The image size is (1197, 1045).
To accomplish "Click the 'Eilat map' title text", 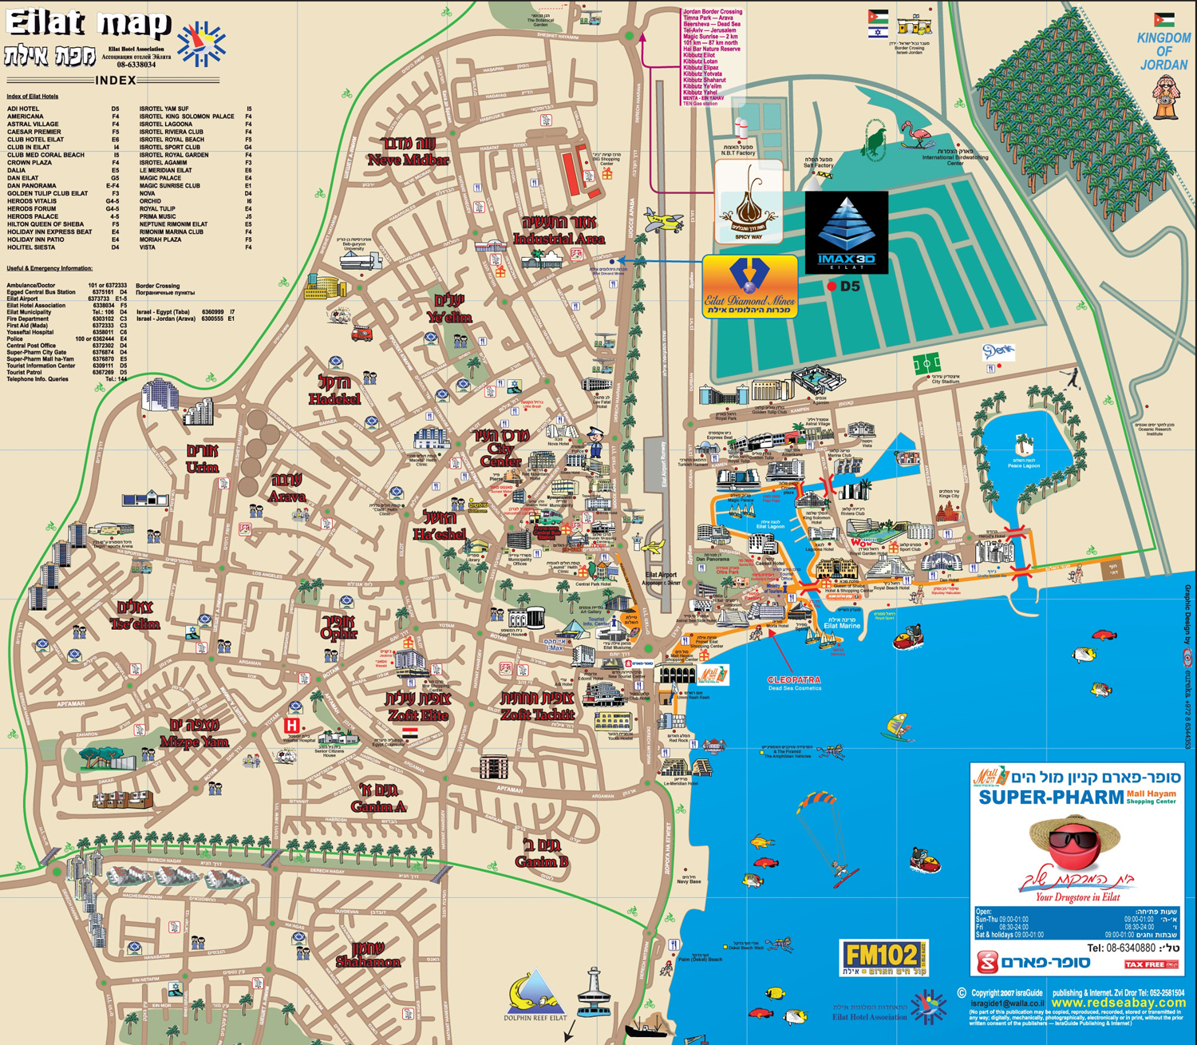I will pyautogui.click(x=88, y=24).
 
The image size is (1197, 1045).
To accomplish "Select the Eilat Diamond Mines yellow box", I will pyautogui.click(x=749, y=287).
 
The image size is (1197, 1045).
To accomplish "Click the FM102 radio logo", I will pyautogui.click(x=884, y=957).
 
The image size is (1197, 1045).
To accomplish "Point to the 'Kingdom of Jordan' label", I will pyautogui.click(x=1163, y=51).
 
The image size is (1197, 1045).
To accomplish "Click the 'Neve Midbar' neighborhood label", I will pyautogui.click(x=408, y=159).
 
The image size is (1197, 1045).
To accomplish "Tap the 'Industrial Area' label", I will pyautogui.click(x=559, y=238).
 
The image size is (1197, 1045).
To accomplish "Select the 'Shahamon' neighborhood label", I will pyautogui.click(x=368, y=961).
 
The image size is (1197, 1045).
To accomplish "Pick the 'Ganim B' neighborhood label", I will pyautogui.click(x=542, y=861).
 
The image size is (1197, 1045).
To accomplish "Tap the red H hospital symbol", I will pyautogui.click(x=292, y=726).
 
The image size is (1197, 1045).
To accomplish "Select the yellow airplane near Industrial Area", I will pyautogui.click(x=664, y=220).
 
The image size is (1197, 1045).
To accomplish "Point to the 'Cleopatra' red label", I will pyautogui.click(x=793, y=679).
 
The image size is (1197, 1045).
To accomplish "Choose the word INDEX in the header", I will pyautogui.click(x=116, y=80).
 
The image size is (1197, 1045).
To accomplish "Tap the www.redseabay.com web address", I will pyautogui.click(x=1118, y=1003).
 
